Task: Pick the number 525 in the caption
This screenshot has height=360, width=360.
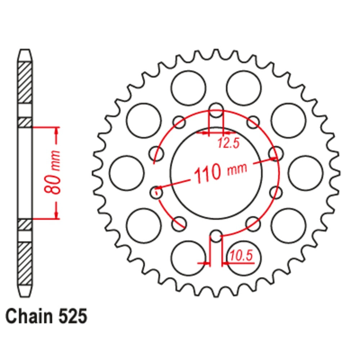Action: (72, 317)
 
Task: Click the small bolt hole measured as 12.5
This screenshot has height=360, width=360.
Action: (216, 111)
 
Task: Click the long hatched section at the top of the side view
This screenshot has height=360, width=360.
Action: (25, 83)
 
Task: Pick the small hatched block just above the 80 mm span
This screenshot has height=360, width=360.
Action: (25, 122)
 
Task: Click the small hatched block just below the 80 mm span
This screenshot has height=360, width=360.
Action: (25, 225)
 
